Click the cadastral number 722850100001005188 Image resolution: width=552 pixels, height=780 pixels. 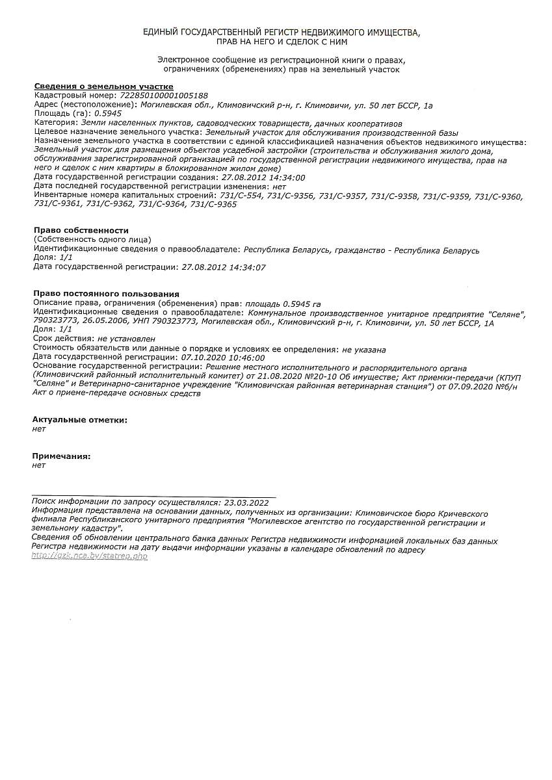click(164, 95)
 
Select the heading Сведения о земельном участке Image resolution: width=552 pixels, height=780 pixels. click(103, 86)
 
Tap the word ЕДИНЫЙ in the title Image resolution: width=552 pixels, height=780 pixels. click(164, 32)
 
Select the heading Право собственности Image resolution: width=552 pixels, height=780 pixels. click(81, 230)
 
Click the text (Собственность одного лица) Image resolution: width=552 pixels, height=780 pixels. click(92, 239)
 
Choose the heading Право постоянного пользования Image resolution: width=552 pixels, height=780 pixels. click(106, 294)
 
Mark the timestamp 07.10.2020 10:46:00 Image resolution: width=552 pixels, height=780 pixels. click(222, 357)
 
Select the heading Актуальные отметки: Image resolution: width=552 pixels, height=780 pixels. click(79, 420)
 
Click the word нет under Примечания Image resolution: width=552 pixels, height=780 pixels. click(39, 465)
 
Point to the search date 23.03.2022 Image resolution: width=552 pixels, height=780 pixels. click(245, 502)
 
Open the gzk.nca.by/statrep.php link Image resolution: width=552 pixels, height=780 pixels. click(90, 557)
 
